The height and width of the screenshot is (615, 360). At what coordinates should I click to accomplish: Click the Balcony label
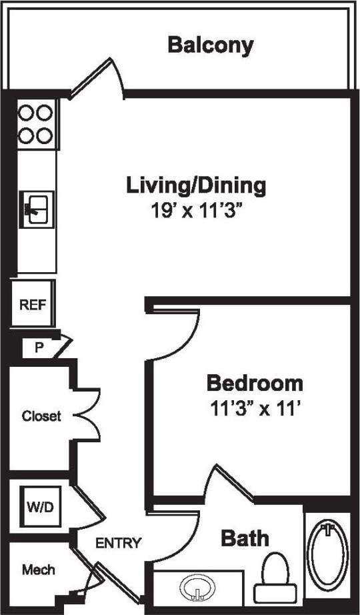[211, 45]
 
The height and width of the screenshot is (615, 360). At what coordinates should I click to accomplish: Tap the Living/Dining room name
[196, 185]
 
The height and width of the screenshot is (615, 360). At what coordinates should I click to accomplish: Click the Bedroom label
[255, 384]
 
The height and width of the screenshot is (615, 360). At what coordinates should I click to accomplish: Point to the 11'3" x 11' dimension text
[255, 408]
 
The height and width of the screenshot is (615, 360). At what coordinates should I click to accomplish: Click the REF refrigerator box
[32, 305]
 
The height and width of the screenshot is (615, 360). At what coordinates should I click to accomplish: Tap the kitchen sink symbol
[37, 209]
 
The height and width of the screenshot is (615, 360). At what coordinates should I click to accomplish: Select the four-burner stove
[35, 124]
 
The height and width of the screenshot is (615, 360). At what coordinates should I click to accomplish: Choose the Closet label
[41, 416]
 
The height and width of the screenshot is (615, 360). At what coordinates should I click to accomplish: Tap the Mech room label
[39, 570]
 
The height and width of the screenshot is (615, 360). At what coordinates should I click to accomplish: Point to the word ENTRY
[119, 543]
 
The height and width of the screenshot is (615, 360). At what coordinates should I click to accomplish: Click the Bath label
[245, 538]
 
